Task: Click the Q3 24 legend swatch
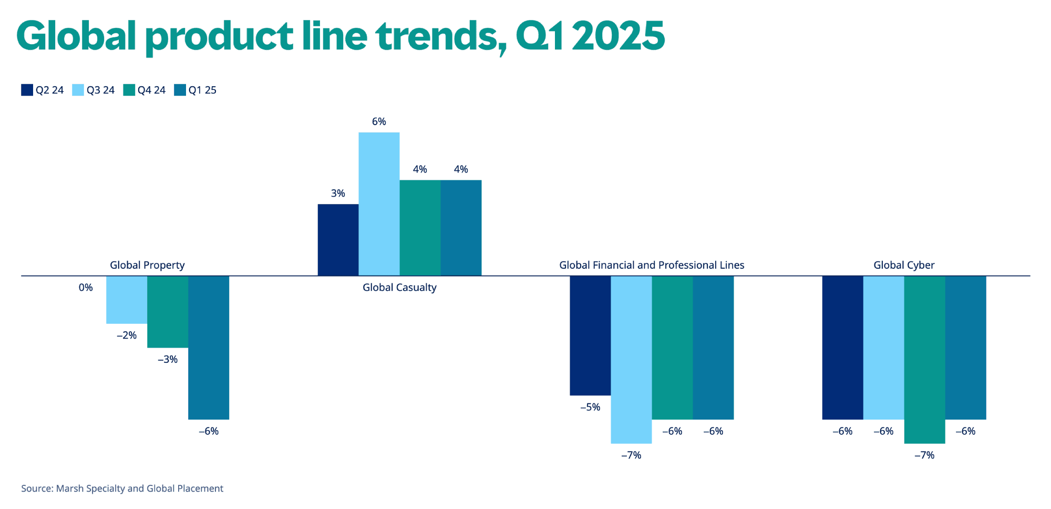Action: (78, 90)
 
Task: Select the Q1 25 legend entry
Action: (195, 90)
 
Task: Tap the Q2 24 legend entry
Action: (43, 90)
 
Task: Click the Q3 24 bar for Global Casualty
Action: (379, 204)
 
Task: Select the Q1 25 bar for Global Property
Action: (209, 347)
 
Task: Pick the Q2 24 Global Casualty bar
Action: (338, 240)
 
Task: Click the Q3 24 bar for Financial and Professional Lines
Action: (631, 359)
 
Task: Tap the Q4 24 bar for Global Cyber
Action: (924, 359)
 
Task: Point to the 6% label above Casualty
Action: (379, 121)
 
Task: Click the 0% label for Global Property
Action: (86, 288)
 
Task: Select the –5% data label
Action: (590, 407)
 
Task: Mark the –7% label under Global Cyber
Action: (924, 455)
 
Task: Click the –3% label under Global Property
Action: (168, 360)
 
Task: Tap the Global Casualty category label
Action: (399, 288)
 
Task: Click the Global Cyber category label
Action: (904, 265)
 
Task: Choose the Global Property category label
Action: (147, 265)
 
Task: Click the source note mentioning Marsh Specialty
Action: (122, 488)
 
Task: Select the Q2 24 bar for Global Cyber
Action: (842, 347)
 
